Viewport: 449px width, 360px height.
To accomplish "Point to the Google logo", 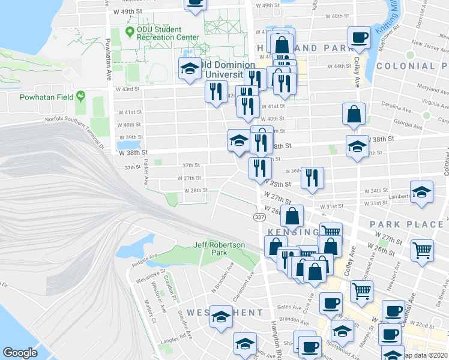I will pos(20,353).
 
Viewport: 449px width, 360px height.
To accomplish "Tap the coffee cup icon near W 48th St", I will pos(360,37).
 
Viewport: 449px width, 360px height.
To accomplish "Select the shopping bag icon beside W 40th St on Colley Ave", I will pos(354,113).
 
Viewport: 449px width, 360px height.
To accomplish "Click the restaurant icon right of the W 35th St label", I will pos(312,178).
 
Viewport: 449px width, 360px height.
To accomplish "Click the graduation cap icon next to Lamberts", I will pos(421,192).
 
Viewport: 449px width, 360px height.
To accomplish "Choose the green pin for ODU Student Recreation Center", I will pos(130,30).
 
